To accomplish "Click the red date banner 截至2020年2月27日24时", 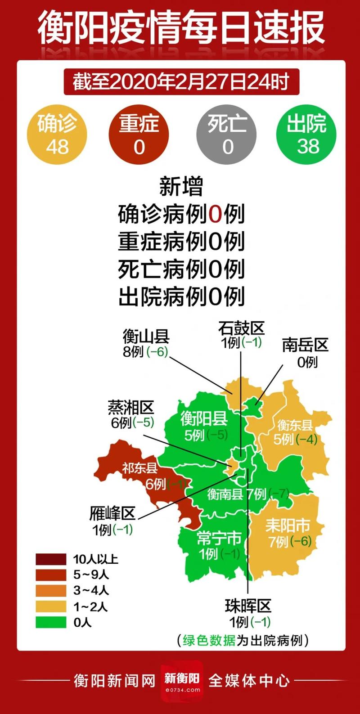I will (x=181, y=82).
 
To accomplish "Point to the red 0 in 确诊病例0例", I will (x=215, y=214).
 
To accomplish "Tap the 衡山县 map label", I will (x=146, y=337).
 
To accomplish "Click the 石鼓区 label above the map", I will (x=241, y=328).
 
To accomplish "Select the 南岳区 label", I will (x=305, y=345).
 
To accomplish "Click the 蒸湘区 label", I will (x=131, y=407).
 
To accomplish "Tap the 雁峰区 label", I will (x=112, y=513).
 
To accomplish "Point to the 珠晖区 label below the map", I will (x=248, y=606).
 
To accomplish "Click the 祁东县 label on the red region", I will (x=140, y=468).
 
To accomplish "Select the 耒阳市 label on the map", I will (x=288, y=525).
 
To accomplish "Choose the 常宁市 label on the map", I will (x=219, y=538).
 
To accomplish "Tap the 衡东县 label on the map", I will (x=295, y=424).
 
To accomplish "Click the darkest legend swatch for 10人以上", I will (x=51, y=559).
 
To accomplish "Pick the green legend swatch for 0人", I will (x=51, y=622).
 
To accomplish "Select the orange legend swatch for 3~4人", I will (x=51, y=591).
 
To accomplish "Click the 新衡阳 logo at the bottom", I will (x=182, y=680).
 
